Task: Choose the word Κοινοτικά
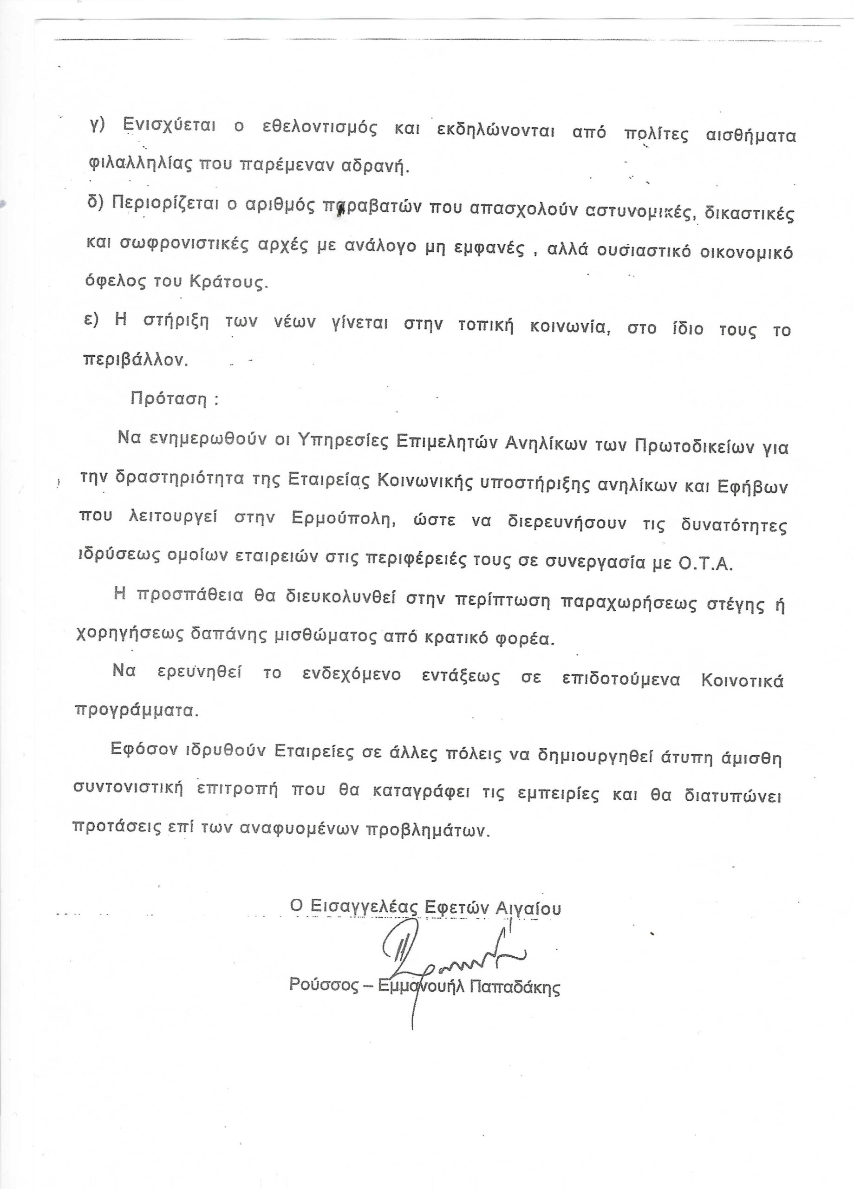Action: point(742,680)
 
